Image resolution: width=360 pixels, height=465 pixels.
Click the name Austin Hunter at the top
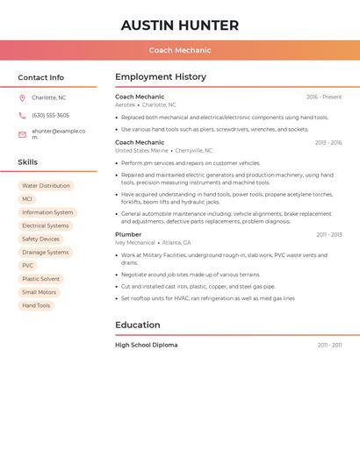[x=179, y=25]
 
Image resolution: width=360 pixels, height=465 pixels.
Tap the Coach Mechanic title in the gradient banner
[x=179, y=50]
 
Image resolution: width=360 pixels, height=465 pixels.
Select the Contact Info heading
[x=40, y=77]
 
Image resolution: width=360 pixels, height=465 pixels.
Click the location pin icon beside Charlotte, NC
[x=22, y=97]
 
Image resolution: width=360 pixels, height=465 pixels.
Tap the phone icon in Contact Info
[x=22, y=115]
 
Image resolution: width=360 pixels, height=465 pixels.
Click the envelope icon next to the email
[x=22, y=134]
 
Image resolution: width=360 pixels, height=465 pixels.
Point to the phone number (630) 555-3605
[x=50, y=115]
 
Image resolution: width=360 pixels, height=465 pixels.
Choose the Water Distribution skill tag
[x=46, y=186]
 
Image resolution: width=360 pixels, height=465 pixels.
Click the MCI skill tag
[x=27, y=199]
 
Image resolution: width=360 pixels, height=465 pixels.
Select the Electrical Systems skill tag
[x=46, y=225]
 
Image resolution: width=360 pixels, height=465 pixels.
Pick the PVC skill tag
[x=28, y=266]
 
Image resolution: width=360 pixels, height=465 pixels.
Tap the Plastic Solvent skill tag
[x=40, y=279]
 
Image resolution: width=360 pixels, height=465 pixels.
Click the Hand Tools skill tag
[x=36, y=305]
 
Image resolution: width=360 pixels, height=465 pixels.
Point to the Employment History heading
[x=160, y=77]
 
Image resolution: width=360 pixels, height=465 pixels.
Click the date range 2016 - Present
[x=324, y=97]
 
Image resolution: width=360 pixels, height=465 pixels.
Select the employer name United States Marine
[x=141, y=150]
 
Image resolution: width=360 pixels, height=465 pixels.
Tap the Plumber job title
[x=128, y=234]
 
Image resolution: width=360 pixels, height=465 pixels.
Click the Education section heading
[x=137, y=325]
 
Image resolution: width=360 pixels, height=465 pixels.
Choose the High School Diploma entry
[x=146, y=345]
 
